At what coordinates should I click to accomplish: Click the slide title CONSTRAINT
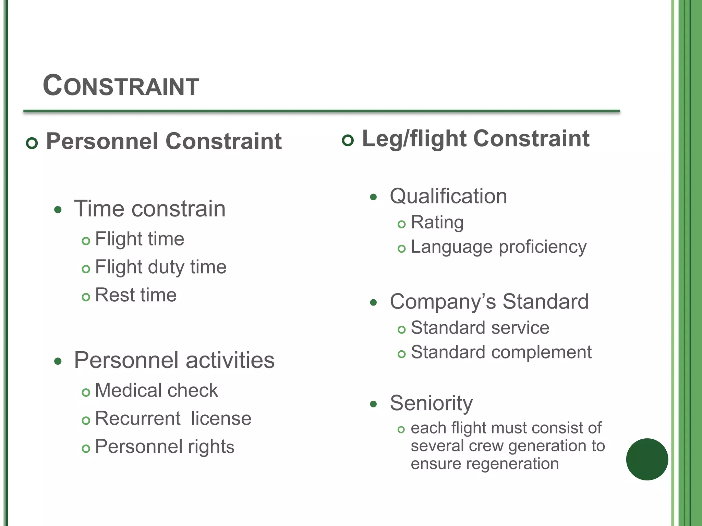[x=121, y=86]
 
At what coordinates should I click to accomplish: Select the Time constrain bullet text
[x=150, y=209]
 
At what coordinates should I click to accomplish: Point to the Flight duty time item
[x=160, y=267]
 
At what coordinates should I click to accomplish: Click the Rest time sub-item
[x=136, y=295]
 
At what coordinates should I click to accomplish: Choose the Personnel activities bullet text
[x=174, y=360]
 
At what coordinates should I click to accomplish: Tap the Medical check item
[x=156, y=390]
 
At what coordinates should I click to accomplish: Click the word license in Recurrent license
[x=221, y=418]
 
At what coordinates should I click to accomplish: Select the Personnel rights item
[x=165, y=447]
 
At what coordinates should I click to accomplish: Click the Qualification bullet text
[x=448, y=196]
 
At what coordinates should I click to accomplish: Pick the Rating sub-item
[x=437, y=223]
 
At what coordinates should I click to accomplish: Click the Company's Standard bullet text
[x=489, y=302]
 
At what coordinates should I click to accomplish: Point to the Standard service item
[x=480, y=328]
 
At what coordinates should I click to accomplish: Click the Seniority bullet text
[x=431, y=403]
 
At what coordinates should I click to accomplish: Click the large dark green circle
[x=647, y=459]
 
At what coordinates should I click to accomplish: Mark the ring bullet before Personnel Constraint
[x=32, y=143]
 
